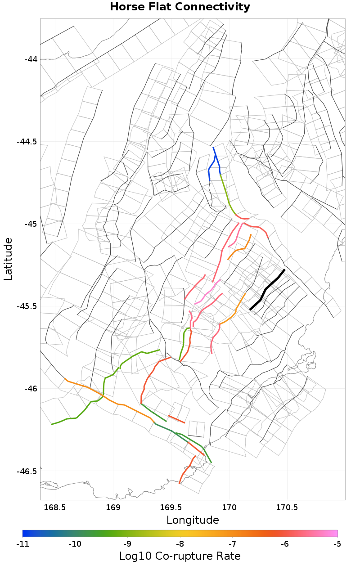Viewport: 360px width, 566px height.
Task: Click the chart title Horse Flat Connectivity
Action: (180, 7)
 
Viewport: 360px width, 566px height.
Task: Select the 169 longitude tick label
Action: (113, 508)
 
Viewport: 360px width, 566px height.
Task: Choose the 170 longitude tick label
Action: (229, 508)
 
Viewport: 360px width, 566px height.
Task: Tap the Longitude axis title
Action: (193, 520)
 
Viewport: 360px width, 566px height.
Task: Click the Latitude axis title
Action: (8, 259)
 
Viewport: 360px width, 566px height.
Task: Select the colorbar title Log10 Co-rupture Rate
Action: (180, 556)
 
